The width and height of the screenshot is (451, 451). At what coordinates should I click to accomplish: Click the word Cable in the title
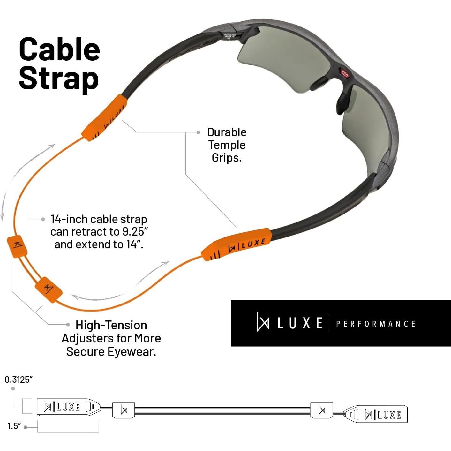(x=59, y=49)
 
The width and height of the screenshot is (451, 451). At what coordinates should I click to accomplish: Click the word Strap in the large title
(x=59, y=78)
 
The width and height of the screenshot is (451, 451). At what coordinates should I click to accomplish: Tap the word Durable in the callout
(x=227, y=132)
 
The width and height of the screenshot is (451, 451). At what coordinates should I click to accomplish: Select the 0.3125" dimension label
(x=19, y=380)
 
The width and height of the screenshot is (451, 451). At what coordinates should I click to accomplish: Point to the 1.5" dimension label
(x=14, y=426)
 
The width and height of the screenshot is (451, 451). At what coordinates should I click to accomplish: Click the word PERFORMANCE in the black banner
(x=375, y=324)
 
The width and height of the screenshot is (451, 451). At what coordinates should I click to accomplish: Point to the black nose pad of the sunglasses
(x=343, y=101)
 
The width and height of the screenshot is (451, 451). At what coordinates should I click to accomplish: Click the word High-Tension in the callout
(x=111, y=325)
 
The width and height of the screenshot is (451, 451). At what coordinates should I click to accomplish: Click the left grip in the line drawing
(x=68, y=407)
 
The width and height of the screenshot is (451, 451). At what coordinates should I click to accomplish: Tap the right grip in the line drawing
(x=376, y=414)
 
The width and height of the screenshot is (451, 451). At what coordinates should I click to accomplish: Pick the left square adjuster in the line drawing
(x=124, y=410)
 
